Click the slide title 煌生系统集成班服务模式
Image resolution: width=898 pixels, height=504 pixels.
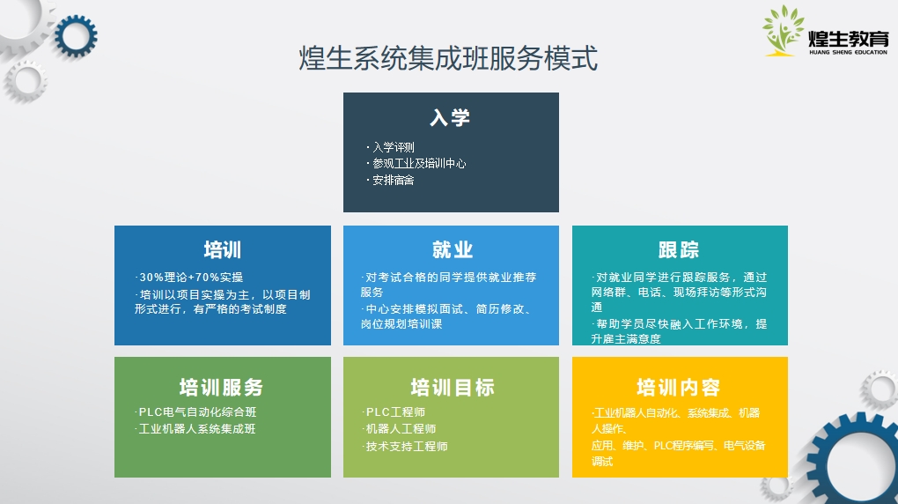coord(448,58)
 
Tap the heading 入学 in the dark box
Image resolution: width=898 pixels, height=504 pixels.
coord(450,117)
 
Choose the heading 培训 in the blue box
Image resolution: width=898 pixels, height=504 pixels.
coord(223,250)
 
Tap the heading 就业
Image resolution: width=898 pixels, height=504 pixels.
coord(452,250)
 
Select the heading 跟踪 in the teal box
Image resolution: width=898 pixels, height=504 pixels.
coord(679,250)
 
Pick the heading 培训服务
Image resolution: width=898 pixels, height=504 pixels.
coord(222,388)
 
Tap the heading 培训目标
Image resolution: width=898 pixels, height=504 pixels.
coord(453,388)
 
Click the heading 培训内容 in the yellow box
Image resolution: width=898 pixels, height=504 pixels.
coord(679,388)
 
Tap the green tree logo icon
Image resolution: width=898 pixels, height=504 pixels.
coord(783,30)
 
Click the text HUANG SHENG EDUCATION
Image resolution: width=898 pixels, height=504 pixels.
coord(848,52)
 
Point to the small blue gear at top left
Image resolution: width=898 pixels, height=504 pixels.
coord(76,36)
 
